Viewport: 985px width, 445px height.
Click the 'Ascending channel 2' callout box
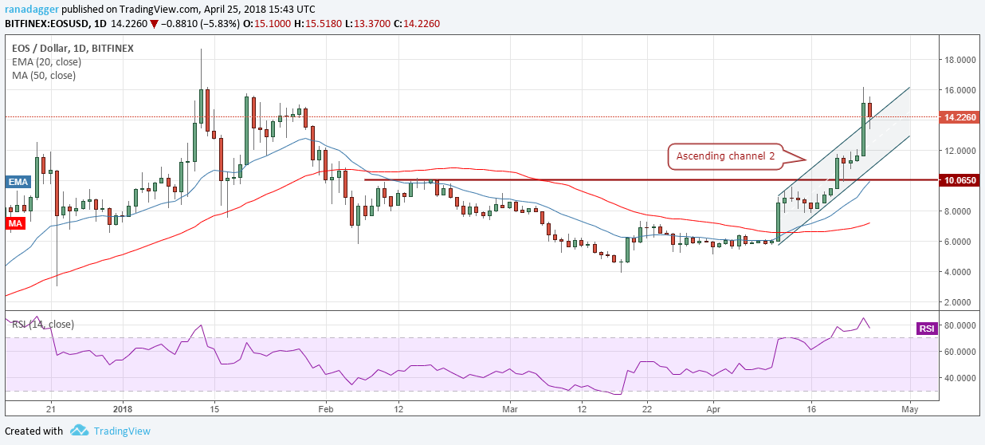coord(725,156)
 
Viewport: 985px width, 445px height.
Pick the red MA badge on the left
coord(15,224)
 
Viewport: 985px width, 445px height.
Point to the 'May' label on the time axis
coord(910,408)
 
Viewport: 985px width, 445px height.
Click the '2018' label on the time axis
coord(123,408)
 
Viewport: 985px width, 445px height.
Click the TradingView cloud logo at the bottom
coord(79,431)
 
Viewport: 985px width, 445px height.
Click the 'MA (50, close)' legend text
coord(44,76)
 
